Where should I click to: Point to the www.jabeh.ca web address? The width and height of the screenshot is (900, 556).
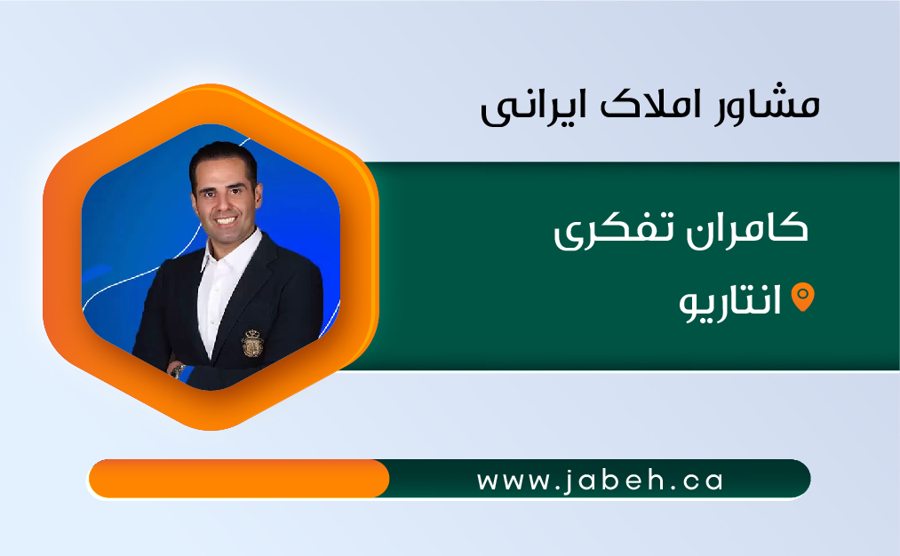point(600,481)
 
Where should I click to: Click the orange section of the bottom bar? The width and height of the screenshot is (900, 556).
point(239,479)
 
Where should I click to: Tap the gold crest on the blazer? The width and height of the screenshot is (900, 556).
point(251,343)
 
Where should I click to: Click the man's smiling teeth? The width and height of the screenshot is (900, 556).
point(226,220)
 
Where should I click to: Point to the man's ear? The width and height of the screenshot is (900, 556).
point(259,195)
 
